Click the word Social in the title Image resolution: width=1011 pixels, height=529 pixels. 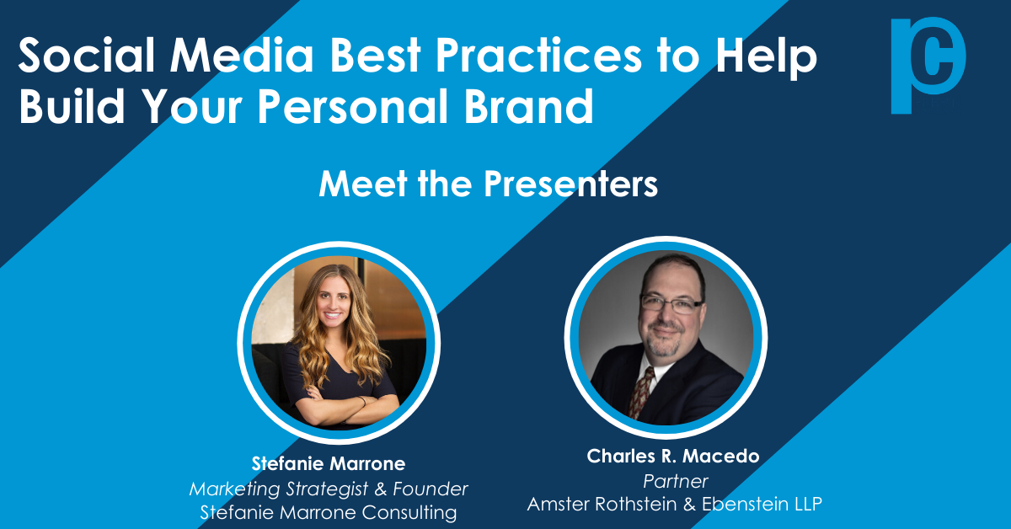(x=87, y=55)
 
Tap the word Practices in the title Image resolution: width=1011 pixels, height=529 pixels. (x=538, y=55)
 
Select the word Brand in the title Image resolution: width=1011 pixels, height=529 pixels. (x=528, y=105)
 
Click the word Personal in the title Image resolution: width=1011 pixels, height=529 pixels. (x=353, y=105)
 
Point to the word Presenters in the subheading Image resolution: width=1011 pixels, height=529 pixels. (x=570, y=184)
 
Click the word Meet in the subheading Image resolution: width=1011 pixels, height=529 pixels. (x=363, y=184)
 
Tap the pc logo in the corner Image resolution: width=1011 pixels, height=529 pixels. (x=928, y=65)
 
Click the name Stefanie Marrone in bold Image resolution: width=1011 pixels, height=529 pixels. (x=329, y=463)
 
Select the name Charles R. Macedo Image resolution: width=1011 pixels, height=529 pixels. (x=673, y=456)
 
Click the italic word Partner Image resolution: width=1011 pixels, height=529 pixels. (x=675, y=481)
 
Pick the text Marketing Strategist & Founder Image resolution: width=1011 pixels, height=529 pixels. (x=329, y=489)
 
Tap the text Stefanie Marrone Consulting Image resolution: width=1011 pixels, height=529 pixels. (x=329, y=513)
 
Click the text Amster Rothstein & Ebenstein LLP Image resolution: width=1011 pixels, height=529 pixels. (x=674, y=505)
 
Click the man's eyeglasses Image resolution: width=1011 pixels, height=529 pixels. (x=671, y=304)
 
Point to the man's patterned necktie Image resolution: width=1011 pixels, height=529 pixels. (x=641, y=393)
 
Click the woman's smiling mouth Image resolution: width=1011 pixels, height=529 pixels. (x=333, y=314)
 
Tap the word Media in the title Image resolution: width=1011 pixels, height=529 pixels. (x=242, y=55)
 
